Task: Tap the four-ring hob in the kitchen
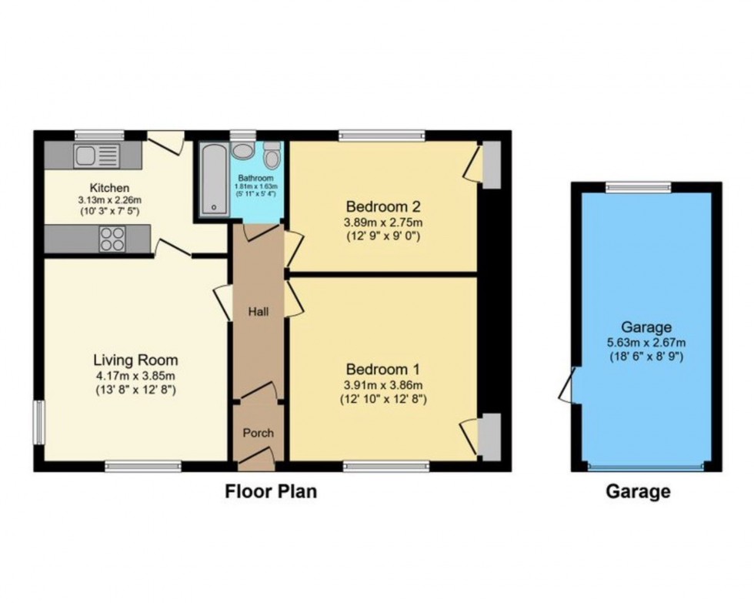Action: point(112,240)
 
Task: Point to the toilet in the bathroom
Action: point(272,155)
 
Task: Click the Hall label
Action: point(259,312)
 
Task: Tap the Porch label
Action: point(259,433)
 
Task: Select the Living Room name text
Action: point(135,360)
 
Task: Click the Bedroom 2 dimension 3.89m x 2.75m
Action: point(383,223)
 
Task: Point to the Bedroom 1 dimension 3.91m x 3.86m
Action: point(383,385)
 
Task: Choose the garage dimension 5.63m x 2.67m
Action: point(646,343)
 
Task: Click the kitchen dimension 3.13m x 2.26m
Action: point(109,199)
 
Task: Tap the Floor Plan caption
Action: point(271,491)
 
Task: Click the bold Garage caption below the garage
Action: point(638,492)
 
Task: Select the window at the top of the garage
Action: point(638,187)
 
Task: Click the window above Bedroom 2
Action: point(382,136)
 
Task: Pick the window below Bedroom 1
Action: point(386,467)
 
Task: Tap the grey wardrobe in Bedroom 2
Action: point(491,165)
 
